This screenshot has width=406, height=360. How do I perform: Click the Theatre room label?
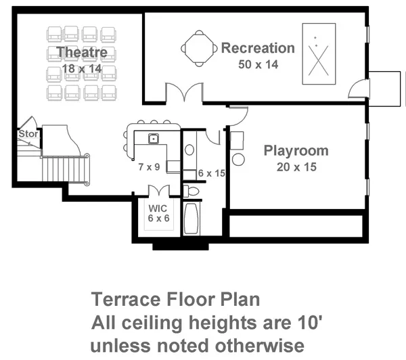[x=82, y=53]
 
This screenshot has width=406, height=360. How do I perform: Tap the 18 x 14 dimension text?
[x=82, y=68]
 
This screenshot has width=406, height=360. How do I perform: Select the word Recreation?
[x=258, y=49]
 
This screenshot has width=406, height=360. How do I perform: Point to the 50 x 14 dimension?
[x=258, y=65]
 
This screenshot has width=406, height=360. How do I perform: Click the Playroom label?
[x=296, y=151]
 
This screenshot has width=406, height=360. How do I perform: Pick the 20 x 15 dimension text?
[x=296, y=166]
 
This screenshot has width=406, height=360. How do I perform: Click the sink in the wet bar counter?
[x=154, y=139]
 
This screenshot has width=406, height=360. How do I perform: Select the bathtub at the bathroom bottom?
[x=191, y=218]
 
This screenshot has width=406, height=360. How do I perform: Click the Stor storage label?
[x=27, y=135]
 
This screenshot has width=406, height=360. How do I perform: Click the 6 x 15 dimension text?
[x=210, y=173]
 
